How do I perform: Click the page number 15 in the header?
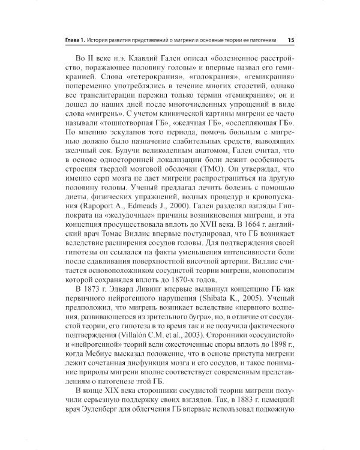point(290,40)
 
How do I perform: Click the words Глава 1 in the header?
point(78,40)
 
